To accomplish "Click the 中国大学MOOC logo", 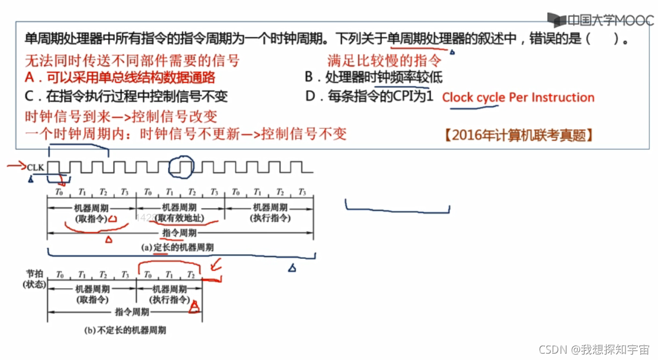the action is click(x=600, y=20).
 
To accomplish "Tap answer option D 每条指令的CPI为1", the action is click(x=370, y=97).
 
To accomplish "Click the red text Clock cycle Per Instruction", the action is click(x=518, y=97).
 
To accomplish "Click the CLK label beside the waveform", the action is click(x=35, y=168).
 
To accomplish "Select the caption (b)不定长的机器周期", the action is click(x=125, y=331).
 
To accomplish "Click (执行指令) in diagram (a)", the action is click(x=269, y=218).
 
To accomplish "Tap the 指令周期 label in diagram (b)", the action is click(x=132, y=312).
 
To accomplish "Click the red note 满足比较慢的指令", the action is click(x=384, y=60).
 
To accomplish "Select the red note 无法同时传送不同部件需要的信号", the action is click(x=132, y=60).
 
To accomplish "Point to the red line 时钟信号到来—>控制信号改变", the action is click(x=121, y=117).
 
